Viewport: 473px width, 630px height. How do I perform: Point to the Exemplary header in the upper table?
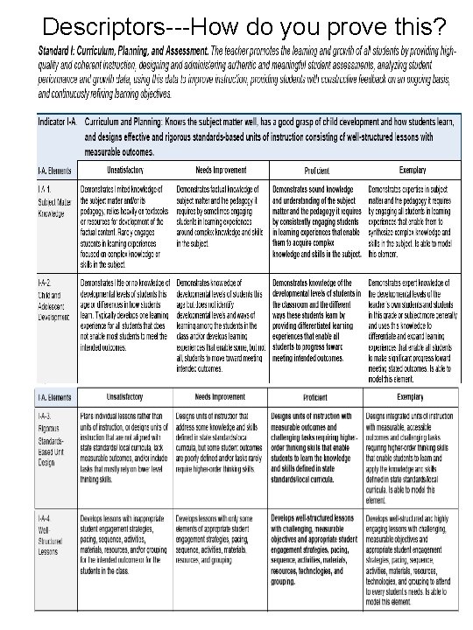click(412, 171)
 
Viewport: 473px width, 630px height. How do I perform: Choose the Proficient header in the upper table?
click(316, 171)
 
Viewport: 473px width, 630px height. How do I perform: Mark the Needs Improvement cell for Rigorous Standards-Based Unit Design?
click(220, 446)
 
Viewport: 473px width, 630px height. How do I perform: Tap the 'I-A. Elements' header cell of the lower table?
click(54, 396)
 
